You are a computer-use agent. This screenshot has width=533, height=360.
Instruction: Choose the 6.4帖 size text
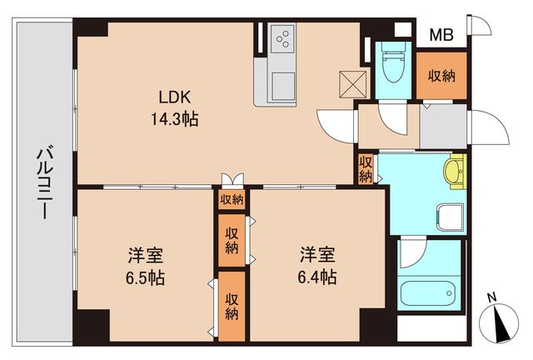pos(318,277)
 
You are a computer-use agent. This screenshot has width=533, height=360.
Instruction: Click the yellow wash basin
pos(453,174)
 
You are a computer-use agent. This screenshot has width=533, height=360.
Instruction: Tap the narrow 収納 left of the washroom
pos(366,169)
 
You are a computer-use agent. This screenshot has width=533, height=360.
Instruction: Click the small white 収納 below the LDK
pos(232,199)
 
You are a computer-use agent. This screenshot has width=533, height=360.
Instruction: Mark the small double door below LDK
pos(232,180)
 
